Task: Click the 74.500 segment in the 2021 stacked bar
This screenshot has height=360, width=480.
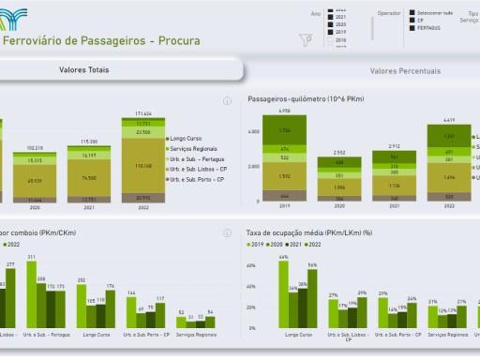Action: pyautogui.click(x=90, y=176)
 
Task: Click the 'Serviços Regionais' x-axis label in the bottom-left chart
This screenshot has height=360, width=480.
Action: pyautogui.click(x=195, y=335)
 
